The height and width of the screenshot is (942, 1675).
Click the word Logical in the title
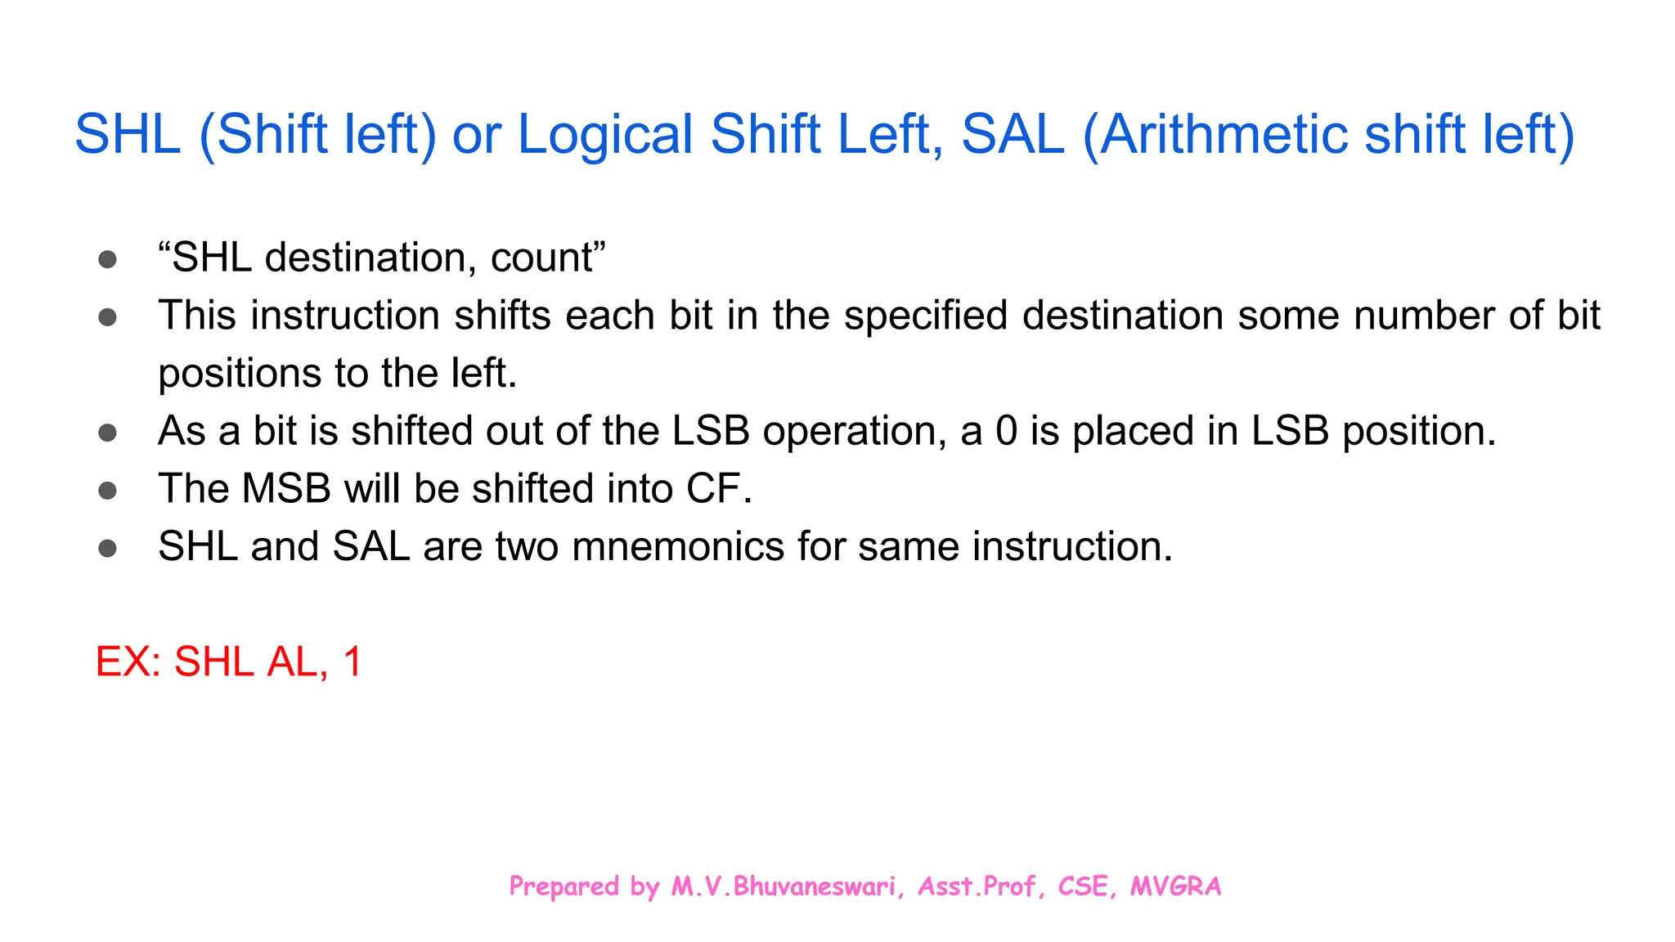(605, 135)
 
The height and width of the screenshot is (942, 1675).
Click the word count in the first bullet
(541, 258)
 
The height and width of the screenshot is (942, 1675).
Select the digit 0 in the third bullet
(1006, 431)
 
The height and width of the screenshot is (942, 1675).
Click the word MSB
(286, 489)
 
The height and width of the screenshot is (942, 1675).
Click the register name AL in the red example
(292, 662)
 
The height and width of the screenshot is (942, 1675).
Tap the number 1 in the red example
(353, 662)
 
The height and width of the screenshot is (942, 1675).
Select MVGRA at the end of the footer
(1175, 886)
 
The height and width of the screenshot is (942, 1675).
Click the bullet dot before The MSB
(107, 491)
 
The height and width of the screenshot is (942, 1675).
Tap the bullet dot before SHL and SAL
(107, 548)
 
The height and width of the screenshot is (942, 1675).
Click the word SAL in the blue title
(1013, 135)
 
